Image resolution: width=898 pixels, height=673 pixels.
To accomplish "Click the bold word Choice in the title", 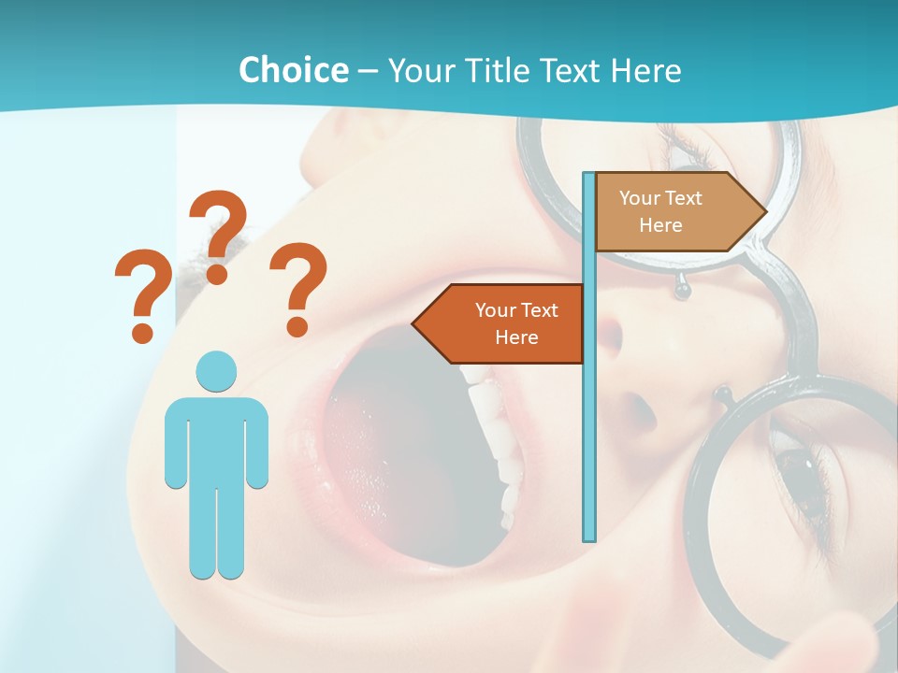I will pos(293,71).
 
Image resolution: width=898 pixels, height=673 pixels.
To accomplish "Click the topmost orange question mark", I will pos(220,236).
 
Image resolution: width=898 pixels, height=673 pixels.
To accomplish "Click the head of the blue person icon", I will pos(216,372).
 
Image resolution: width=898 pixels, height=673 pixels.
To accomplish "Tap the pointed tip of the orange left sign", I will pos(414,323).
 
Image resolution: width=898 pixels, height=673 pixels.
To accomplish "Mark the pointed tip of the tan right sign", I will pos(764,211).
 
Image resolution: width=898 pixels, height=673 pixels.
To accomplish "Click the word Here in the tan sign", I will pos(660,225).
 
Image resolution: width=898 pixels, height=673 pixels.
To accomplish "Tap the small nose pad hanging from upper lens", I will pos(683,292).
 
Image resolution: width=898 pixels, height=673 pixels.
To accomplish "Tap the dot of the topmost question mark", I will pos(217,274).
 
